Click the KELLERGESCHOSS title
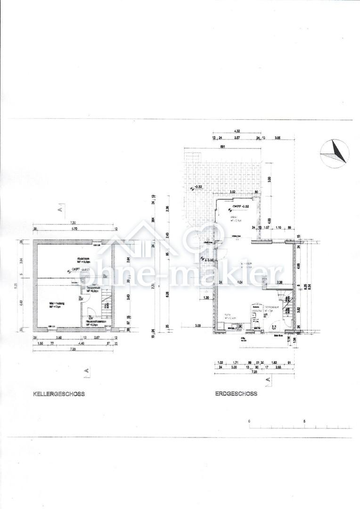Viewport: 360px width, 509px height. click(x=58, y=394)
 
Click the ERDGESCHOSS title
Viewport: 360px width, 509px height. click(x=236, y=394)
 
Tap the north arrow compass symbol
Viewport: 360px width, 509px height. click(x=335, y=153)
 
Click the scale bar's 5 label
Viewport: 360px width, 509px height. click(x=305, y=421)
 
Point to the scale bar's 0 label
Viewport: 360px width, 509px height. click(x=249, y=421)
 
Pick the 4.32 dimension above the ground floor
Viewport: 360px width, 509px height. click(x=237, y=131)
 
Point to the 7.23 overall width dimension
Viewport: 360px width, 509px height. click(x=254, y=371)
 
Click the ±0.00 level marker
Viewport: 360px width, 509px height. click(x=208, y=260)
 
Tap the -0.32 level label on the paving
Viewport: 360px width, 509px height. click(x=197, y=187)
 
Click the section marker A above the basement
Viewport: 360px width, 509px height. click(x=60, y=208)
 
